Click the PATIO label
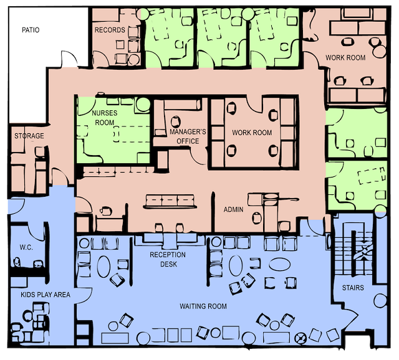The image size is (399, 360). (x=31, y=30)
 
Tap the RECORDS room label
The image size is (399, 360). (x=110, y=30)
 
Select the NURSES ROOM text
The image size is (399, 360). (x=105, y=118)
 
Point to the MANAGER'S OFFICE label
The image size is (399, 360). (x=188, y=136)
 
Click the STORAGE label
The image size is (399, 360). (x=29, y=136)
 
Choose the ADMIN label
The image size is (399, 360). (x=233, y=209)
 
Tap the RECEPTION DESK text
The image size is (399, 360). (x=168, y=259)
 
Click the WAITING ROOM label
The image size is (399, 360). (x=203, y=306)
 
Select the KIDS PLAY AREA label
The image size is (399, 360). (x=46, y=295)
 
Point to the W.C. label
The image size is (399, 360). (x=26, y=247)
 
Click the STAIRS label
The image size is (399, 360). (x=353, y=288)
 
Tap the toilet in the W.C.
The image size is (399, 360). (x=17, y=262)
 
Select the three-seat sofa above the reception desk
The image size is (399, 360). (x=170, y=202)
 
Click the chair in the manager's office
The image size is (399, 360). (x=176, y=121)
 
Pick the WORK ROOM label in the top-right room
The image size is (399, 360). (x=345, y=58)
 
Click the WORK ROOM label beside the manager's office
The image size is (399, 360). (x=252, y=133)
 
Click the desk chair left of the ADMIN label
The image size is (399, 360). (x=105, y=211)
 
